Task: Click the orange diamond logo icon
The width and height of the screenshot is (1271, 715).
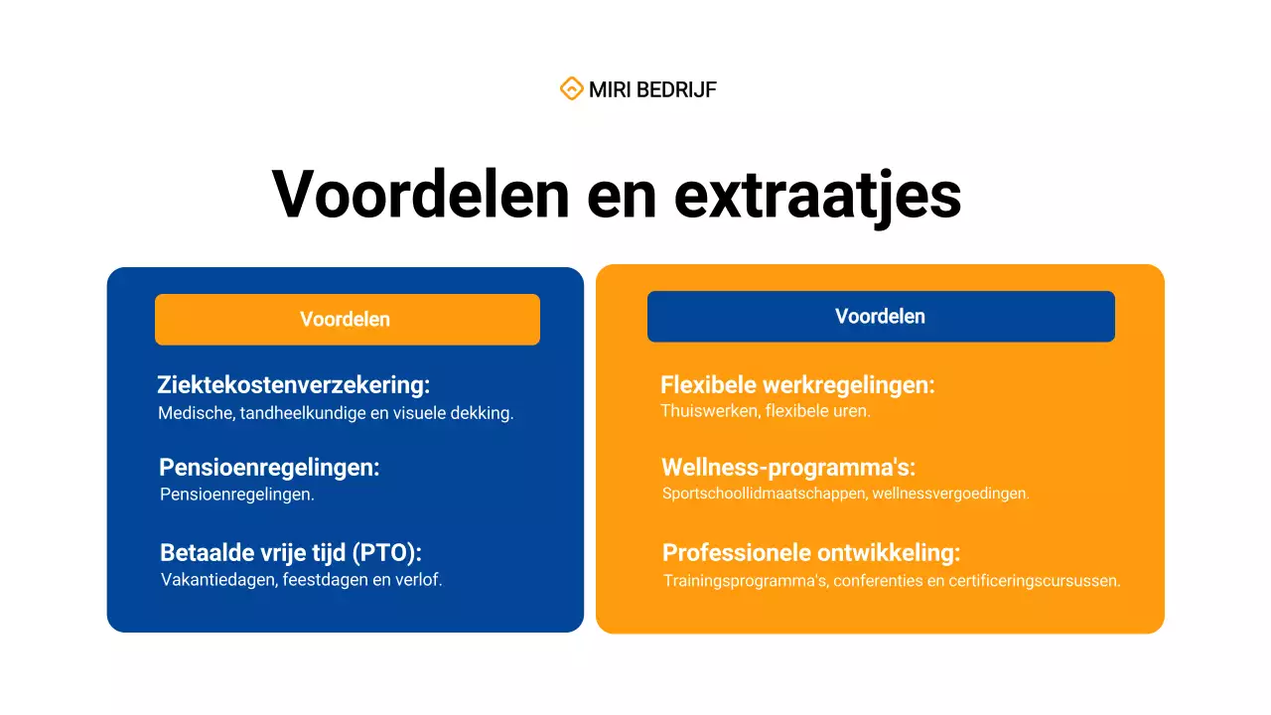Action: point(571,89)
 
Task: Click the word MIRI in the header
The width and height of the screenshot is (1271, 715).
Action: point(610,90)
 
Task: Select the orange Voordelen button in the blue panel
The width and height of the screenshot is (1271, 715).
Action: point(347,320)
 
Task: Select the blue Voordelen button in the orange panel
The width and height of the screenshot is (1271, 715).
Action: point(881,317)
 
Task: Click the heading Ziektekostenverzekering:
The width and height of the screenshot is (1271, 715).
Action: point(293,385)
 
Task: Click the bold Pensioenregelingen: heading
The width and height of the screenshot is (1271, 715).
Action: point(269,467)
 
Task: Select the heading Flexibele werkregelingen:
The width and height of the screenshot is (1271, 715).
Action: point(797,385)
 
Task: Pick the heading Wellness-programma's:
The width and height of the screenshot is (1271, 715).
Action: point(788,467)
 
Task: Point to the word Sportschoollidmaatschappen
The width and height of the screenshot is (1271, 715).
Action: point(764,494)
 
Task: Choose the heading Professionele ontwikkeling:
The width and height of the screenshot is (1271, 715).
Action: point(811,553)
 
